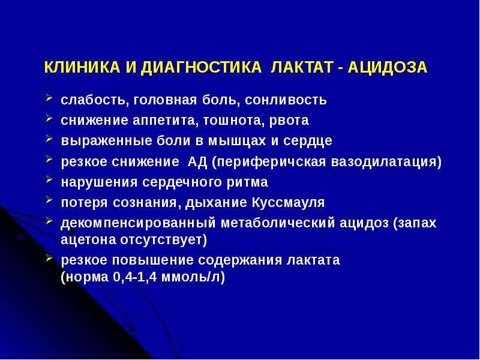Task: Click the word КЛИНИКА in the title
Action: point(82,67)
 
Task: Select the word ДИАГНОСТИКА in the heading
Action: point(201,68)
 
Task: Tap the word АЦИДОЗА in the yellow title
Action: point(387,68)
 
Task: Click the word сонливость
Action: point(286,100)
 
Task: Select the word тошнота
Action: point(234,121)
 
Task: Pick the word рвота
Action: point(289,121)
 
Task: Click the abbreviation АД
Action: point(197,161)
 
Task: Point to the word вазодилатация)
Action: point(386,162)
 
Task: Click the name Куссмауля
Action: point(288,203)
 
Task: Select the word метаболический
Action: point(278,223)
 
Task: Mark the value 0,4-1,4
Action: point(134,277)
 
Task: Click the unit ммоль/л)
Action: point(193,277)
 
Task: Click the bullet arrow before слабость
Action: point(49,98)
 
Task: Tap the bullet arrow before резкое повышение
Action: point(49,258)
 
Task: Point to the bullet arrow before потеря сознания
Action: point(49,200)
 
